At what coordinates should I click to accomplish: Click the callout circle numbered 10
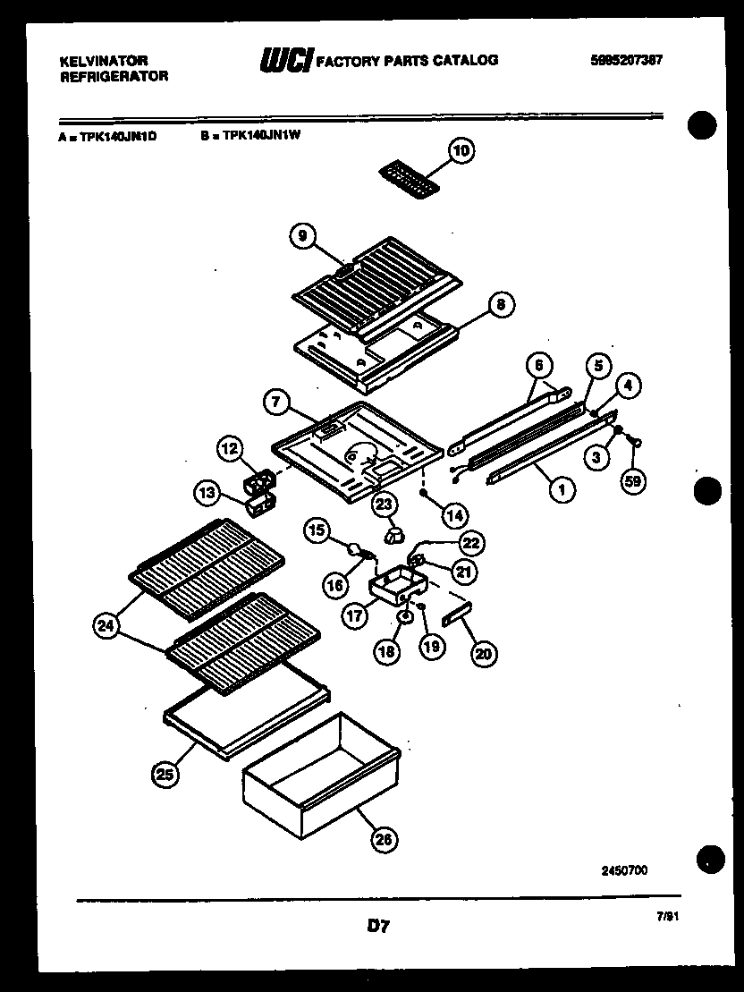[x=461, y=151]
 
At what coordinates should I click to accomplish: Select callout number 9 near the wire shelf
[x=303, y=236]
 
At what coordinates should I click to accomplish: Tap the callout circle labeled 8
[x=500, y=305]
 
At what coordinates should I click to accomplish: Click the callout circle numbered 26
[x=382, y=839]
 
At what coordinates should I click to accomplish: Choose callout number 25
[x=165, y=775]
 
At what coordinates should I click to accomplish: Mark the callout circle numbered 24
[x=106, y=625]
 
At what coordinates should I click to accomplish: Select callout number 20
[x=483, y=654]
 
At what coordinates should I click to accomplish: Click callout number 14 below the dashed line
[x=454, y=514]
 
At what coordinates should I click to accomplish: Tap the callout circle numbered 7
[x=275, y=403]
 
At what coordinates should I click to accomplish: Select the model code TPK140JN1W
[x=261, y=138]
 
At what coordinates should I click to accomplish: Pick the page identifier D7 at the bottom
[x=378, y=927]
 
